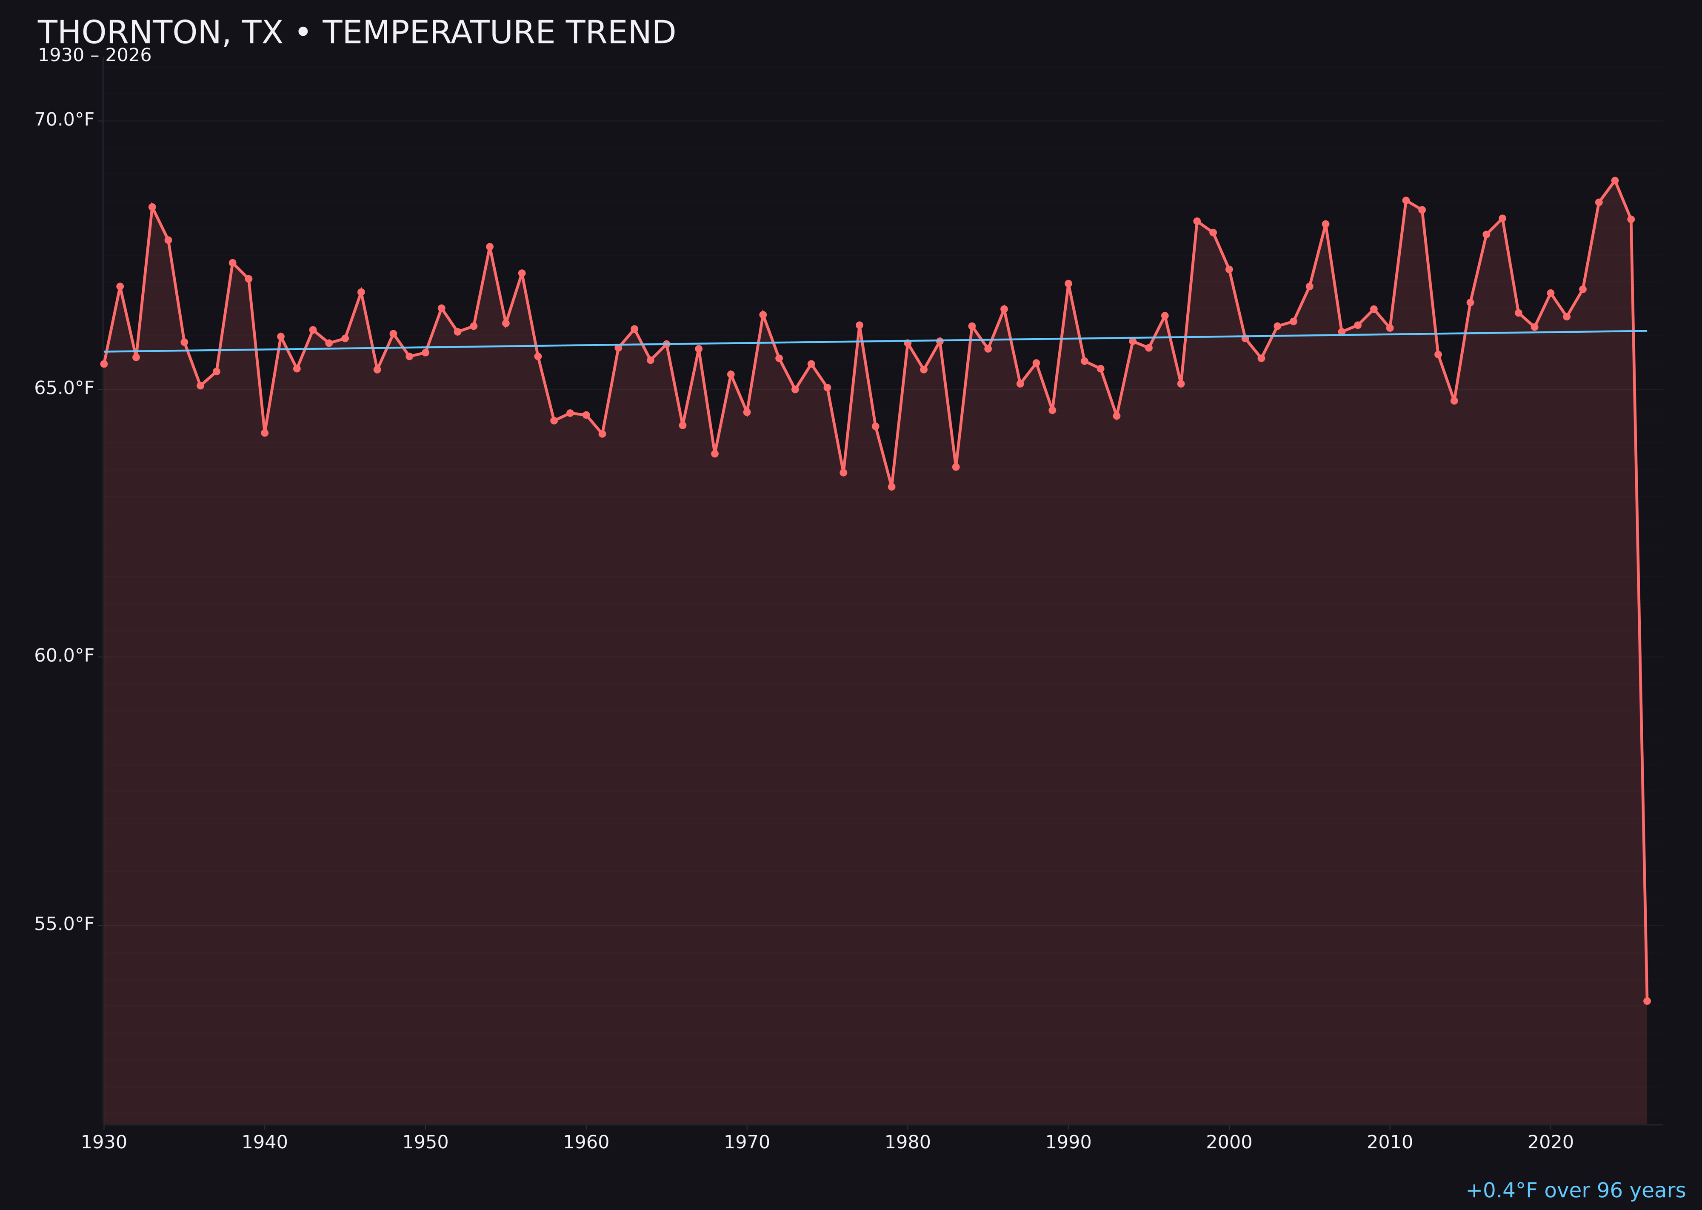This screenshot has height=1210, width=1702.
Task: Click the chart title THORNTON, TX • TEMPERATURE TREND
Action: coord(356,33)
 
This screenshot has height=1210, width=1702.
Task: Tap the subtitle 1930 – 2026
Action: coord(94,56)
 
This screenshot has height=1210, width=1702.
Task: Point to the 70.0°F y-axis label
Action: coord(64,120)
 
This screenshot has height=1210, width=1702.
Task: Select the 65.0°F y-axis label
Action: coord(64,388)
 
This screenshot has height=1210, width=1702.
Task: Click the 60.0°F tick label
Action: coord(64,656)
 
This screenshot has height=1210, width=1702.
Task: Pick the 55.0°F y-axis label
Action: coord(64,924)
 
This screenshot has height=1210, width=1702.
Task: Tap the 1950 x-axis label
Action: coord(425,1142)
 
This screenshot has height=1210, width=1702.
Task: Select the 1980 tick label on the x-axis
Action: coord(908,1142)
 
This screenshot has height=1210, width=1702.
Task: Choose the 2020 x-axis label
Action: coord(1551,1142)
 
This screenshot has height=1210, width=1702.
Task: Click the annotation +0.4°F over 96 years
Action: coord(1575,1190)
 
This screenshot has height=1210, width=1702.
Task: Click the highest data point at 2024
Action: coord(1615,180)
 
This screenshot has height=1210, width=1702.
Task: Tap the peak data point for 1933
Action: coord(152,207)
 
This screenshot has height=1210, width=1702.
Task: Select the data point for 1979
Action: coord(891,487)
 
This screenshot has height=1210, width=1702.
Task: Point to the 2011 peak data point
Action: coord(1405,200)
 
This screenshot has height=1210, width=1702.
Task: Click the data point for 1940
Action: coord(265,433)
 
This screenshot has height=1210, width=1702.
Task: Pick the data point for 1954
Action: coord(490,247)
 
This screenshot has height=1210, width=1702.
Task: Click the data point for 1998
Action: coord(1197,221)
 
